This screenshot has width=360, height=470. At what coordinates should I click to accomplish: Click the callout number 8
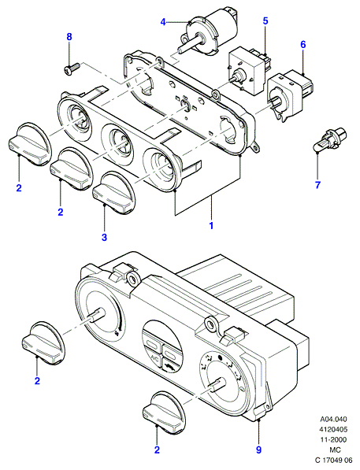pos(69,37)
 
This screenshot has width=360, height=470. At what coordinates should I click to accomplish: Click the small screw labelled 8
pos(72,68)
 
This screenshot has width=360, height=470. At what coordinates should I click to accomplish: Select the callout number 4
pos(163,22)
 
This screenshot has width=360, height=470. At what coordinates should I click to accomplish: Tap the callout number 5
pos(265,21)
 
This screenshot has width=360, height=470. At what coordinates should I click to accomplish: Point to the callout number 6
pos(303,45)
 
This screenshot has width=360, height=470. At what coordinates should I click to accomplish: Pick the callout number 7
pos(317,185)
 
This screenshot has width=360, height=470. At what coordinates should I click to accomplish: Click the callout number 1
pos(211,225)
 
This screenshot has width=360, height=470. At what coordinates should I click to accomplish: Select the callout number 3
pos(104,238)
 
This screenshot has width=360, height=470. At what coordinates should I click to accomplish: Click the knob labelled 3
pos(113,194)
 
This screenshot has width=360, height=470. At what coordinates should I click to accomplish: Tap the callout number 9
pos(258,450)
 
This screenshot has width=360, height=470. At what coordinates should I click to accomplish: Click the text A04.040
pos(333,419)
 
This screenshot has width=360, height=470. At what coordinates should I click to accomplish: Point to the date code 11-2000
pos(333,439)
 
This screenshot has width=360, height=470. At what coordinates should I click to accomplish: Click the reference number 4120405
pos(333,429)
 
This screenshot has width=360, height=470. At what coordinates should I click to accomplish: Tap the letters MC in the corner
pos(333,450)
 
